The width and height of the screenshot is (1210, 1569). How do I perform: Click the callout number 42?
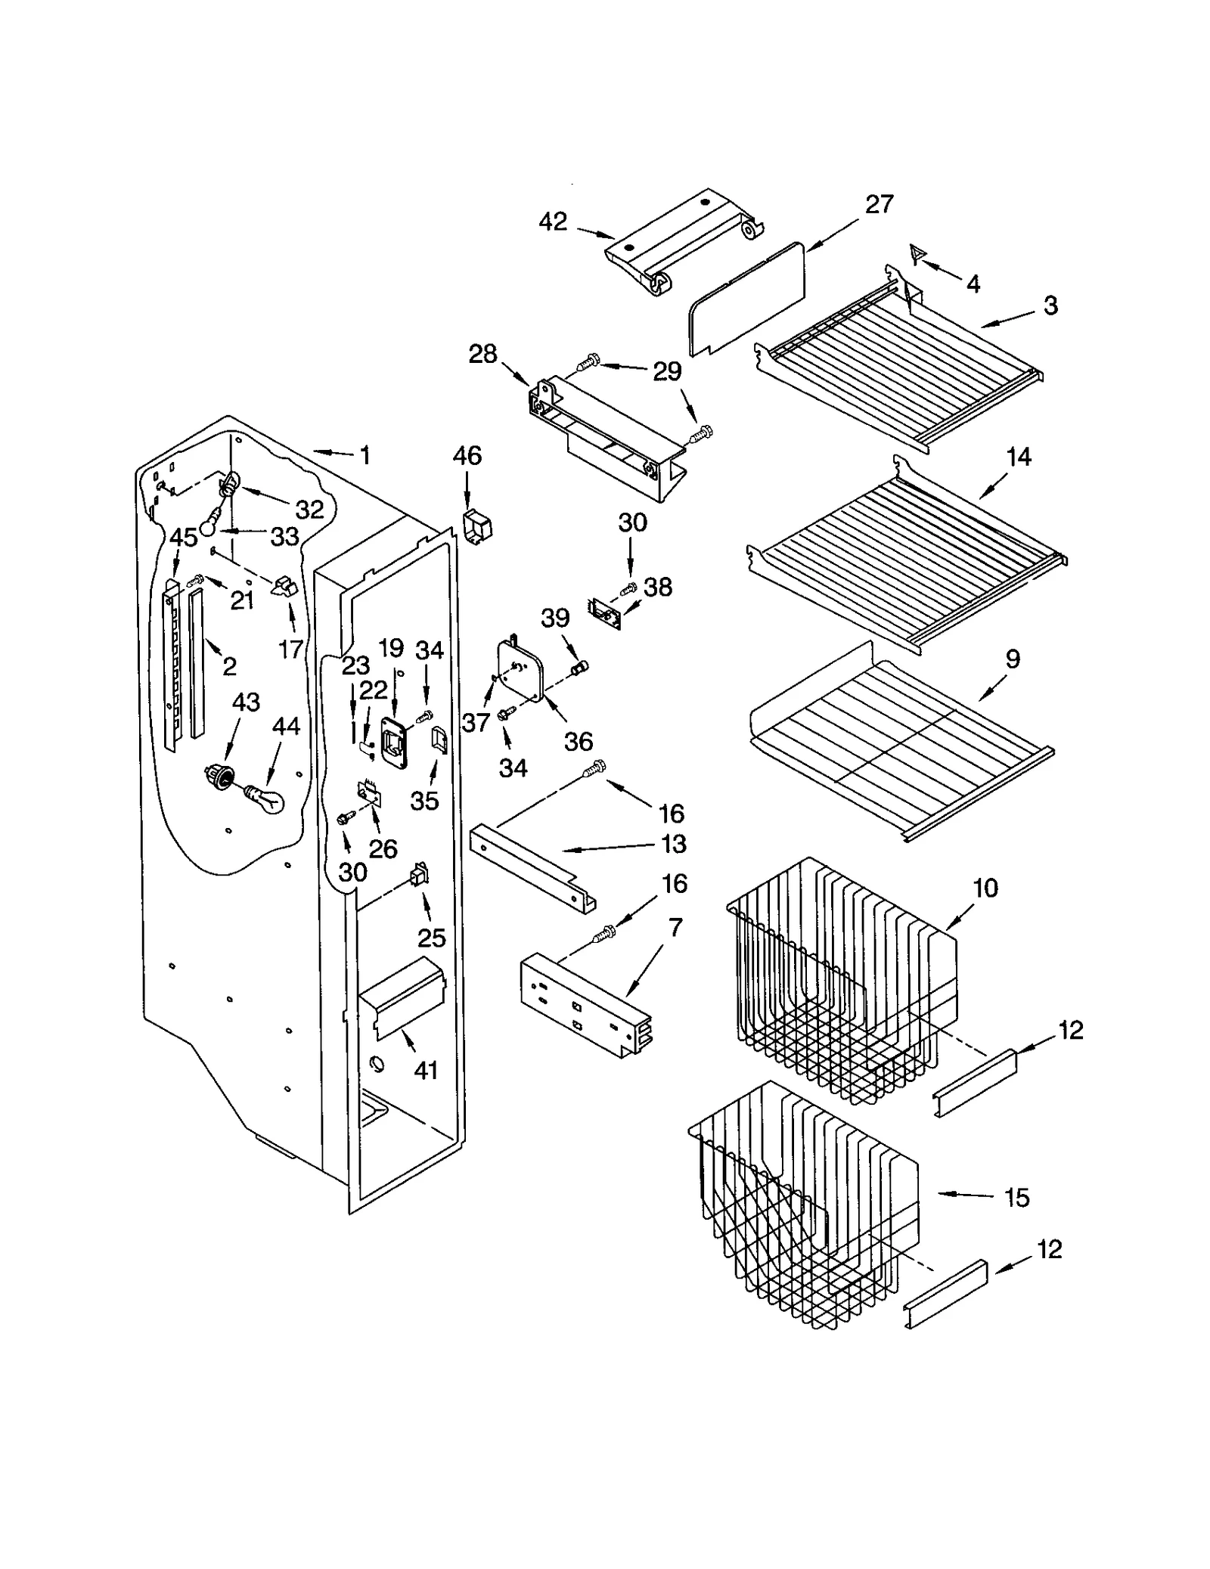coord(553,222)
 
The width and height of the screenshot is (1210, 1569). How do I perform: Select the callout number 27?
coord(879,204)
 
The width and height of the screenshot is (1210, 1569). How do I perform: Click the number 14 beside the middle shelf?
coord(1019,457)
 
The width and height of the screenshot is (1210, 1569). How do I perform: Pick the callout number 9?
coord(1013,659)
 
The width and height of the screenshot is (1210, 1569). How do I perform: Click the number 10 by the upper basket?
coord(985,888)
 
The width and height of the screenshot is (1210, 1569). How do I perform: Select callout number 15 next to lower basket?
coord(1017,1198)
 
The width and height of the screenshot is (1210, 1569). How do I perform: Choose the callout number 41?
coord(426,1071)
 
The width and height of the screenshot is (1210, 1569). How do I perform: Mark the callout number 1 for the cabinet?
coord(365,455)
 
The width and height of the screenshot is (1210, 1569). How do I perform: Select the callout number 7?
coord(675,927)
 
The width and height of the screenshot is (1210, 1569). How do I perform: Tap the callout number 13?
coord(674,844)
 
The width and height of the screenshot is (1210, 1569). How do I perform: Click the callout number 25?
coord(432,938)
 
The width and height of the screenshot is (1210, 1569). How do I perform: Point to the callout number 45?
coord(183,538)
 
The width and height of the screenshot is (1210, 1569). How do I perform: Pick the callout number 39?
coord(555,618)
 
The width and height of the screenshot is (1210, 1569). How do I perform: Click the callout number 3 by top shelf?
coord(1050,305)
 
